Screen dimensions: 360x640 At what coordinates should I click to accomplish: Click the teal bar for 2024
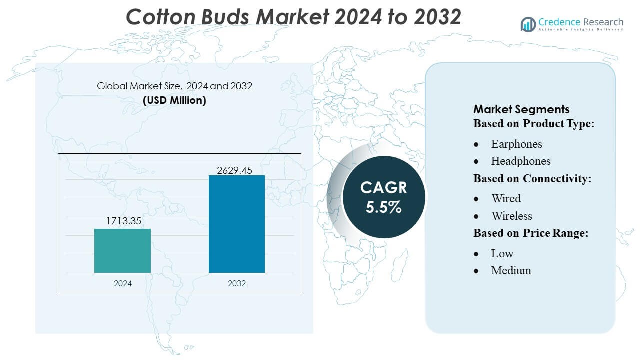click(x=122, y=250)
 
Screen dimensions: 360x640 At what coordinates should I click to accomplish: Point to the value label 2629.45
click(x=235, y=170)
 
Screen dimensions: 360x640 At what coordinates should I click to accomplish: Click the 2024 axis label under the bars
click(x=123, y=283)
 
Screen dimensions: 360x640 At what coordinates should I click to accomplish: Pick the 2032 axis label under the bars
click(x=237, y=283)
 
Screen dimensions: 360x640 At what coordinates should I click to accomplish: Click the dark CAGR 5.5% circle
click(x=384, y=197)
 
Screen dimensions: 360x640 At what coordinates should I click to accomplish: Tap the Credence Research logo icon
click(x=528, y=24)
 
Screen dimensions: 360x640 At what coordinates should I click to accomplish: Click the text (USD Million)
click(x=174, y=100)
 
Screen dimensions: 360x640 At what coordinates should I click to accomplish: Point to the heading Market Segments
click(x=521, y=109)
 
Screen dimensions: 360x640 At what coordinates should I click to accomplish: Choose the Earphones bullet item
click(x=516, y=144)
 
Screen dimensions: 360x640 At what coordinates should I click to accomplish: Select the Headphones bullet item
click(x=520, y=161)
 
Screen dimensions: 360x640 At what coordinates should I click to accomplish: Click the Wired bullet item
click(x=506, y=199)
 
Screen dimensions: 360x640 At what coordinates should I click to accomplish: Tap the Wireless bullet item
click(x=511, y=216)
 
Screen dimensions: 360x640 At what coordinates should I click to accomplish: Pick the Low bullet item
click(x=502, y=253)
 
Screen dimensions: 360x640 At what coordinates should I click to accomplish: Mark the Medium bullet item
click(x=511, y=271)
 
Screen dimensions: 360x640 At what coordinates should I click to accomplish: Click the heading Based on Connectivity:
click(x=532, y=178)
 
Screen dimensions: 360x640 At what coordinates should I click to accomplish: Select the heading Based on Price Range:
click(x=530, y=233)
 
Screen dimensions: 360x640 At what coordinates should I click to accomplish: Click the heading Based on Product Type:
click(x=534, y=123)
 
